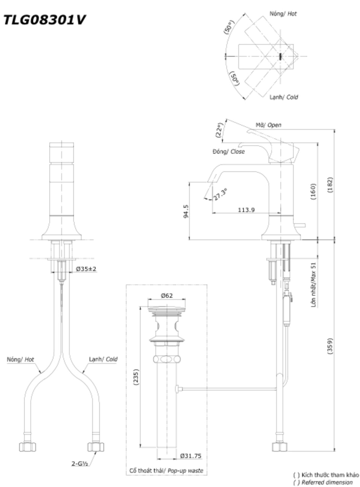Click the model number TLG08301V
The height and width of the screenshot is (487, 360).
[45, 21]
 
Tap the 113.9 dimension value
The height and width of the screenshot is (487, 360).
[247, 210]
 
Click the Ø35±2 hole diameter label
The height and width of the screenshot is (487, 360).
[86, 269]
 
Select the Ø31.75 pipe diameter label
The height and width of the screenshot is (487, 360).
[191, 456]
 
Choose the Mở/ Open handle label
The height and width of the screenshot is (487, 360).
[268, 125]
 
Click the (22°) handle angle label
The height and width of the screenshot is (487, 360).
[220, 131]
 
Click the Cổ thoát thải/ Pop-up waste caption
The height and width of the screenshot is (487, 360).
[167, 471]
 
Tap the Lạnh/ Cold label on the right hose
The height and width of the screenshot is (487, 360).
[103, 359]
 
